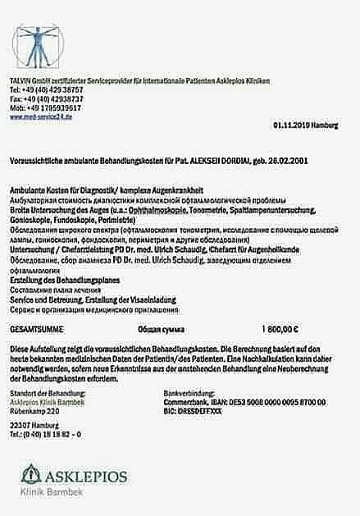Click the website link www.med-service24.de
pos(42,117)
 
